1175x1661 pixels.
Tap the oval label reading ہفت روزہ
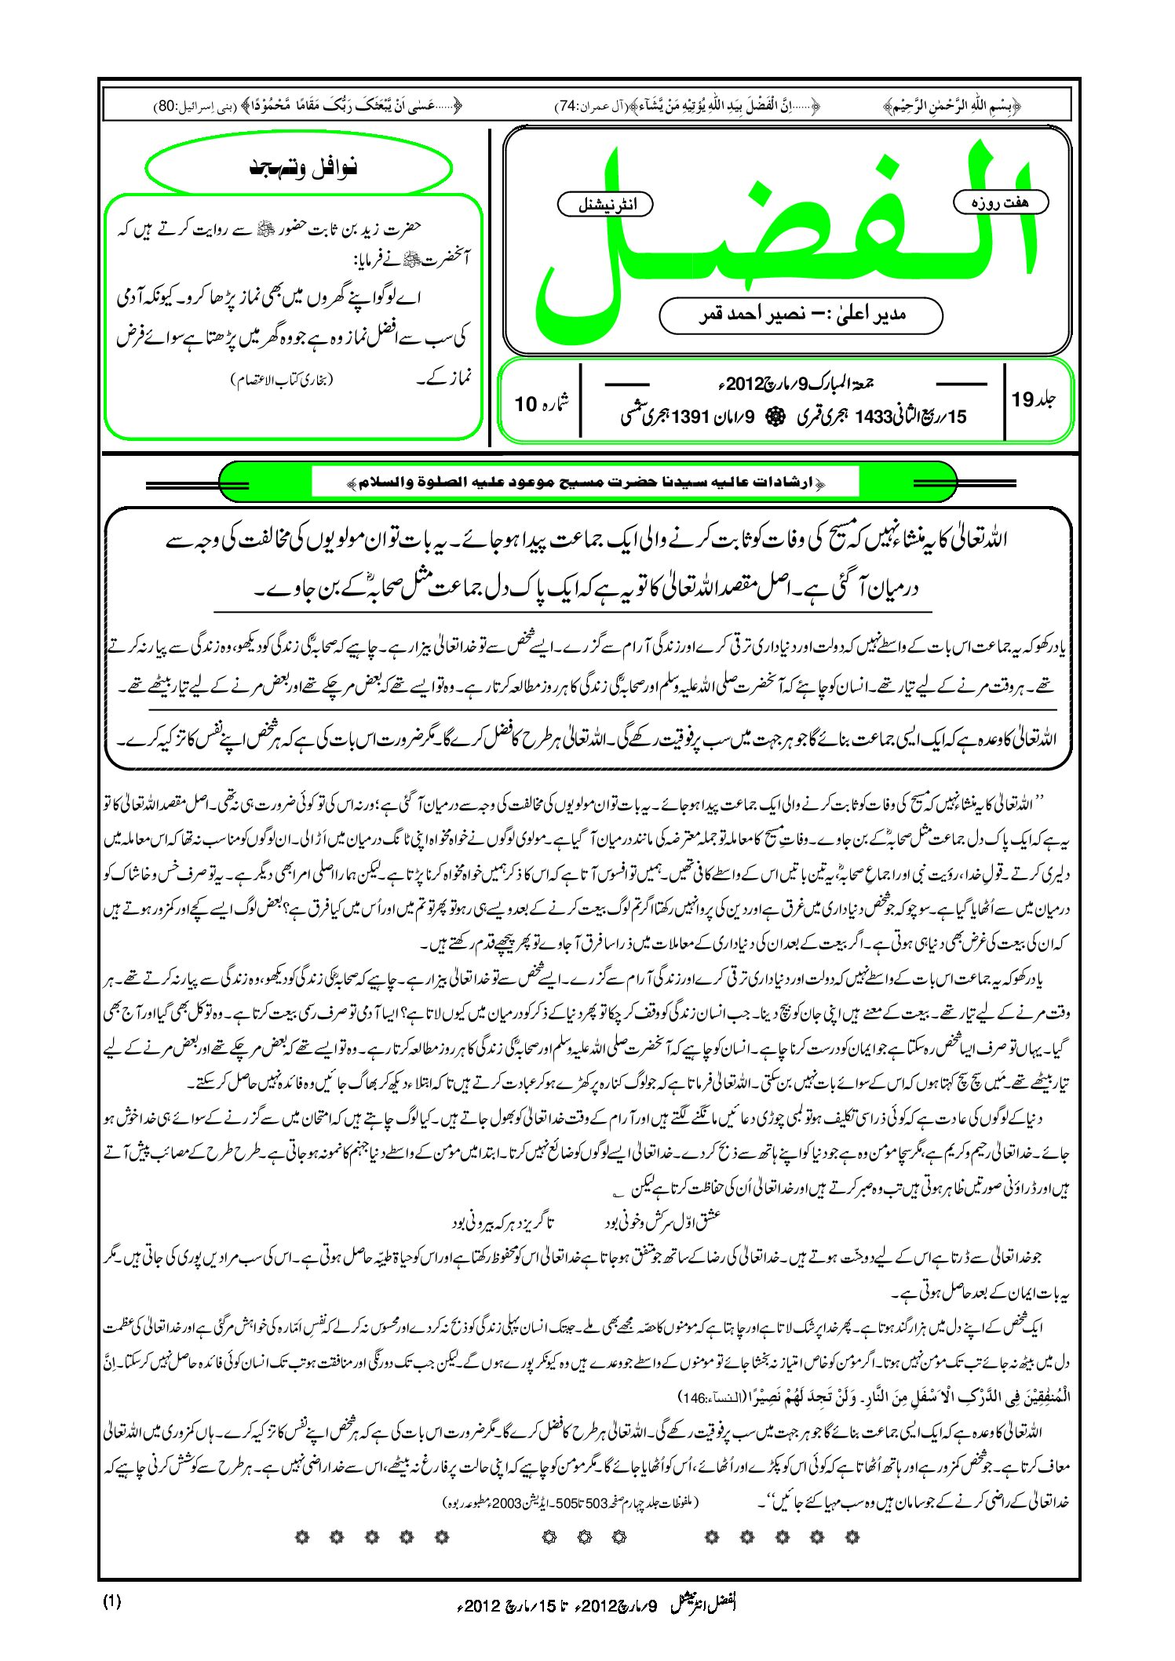coord(1000,202)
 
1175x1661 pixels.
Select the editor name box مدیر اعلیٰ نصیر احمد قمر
coord(801,315)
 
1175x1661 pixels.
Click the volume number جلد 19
coord(1033,400)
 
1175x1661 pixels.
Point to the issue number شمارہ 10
coord(541,403)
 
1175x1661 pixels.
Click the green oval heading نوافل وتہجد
coord(299,168)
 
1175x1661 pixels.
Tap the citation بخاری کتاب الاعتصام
coord(283,381)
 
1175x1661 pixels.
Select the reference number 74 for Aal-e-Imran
coord(568,105)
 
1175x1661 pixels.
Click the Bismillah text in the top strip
coord(951,104)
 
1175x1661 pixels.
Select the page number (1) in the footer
coord(112,1602)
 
